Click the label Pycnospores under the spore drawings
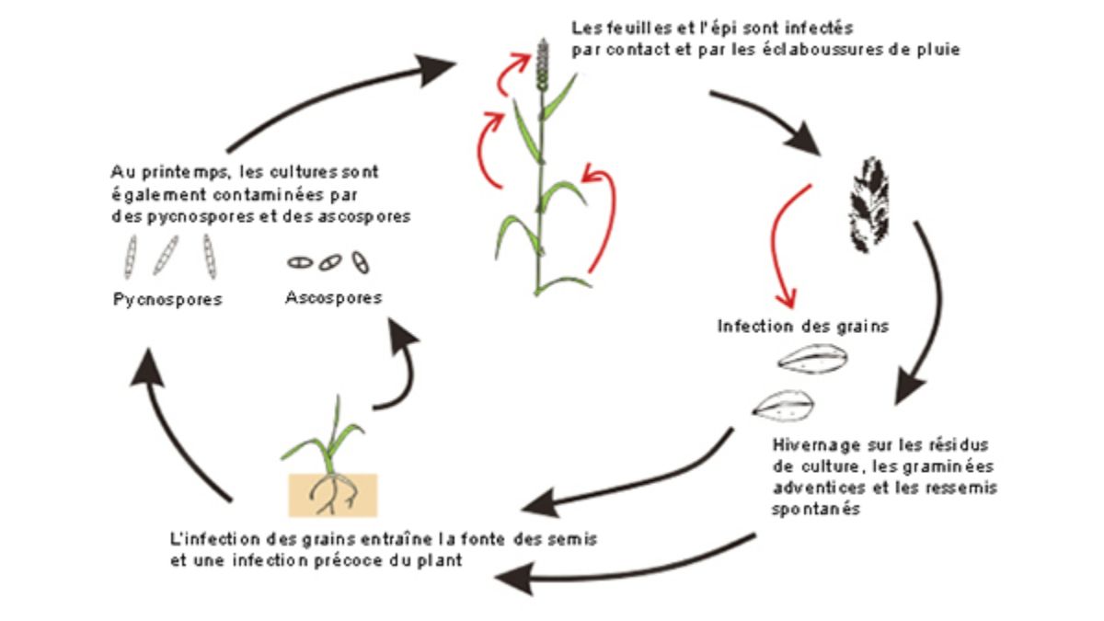[167, 300]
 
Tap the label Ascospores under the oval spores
[334, 298]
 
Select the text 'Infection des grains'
[803, 327]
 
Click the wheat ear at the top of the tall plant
[543, 65]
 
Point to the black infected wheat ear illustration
[868, 204]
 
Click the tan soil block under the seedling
[333, 495]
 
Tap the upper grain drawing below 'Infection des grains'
[812, 359]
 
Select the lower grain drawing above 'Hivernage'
[783, 406]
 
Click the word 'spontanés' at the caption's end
[816, 509]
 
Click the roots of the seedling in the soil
[334, 494]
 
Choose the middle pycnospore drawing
[166, 256]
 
